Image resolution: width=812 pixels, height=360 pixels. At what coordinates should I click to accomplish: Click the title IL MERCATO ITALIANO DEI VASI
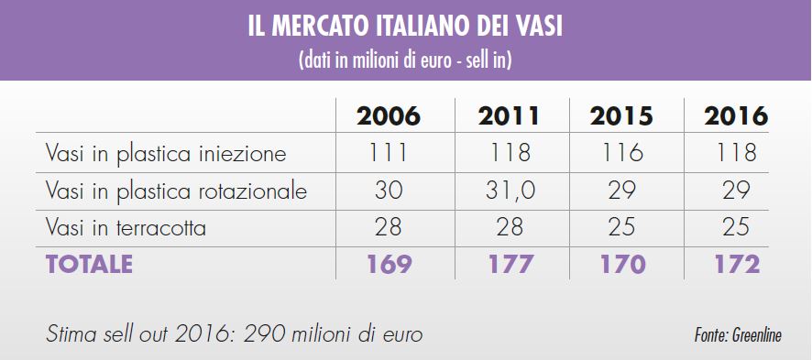(405, 27)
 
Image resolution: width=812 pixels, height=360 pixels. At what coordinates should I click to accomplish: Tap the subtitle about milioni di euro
(405, 61)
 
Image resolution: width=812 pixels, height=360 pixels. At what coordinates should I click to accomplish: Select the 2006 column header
(389, 117)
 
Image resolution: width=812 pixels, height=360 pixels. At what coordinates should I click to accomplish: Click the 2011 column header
(509, 117)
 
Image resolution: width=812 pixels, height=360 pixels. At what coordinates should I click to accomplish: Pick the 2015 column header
(621, 117)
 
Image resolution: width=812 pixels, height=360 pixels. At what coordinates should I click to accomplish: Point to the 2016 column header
(735, 117)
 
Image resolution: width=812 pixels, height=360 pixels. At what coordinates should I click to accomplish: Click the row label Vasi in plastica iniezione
(166, 154)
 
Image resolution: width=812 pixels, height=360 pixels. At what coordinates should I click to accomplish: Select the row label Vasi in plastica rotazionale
(176, 191)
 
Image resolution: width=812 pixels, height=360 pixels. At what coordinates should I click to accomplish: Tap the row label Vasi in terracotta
(126, 227)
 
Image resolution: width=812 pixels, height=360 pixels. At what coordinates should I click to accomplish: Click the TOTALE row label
(89, 264)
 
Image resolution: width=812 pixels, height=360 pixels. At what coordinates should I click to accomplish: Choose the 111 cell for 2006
(389, 154)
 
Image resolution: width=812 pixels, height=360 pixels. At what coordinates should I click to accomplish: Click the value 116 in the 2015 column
(621, 154)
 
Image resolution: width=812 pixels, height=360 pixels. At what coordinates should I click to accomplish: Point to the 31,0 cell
(509, 191)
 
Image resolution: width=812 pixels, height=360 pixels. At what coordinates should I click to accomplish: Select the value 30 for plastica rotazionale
(389, 191)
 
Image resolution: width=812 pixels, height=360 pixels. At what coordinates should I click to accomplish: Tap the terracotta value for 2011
(509, 227)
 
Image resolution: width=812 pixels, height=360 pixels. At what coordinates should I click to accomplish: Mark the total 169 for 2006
(390, 264)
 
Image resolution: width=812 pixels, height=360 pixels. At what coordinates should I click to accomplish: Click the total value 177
(510, 264)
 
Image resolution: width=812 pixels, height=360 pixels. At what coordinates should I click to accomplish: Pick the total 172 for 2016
(736, 264)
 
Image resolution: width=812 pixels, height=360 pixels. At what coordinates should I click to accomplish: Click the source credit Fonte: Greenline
(738, 335)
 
